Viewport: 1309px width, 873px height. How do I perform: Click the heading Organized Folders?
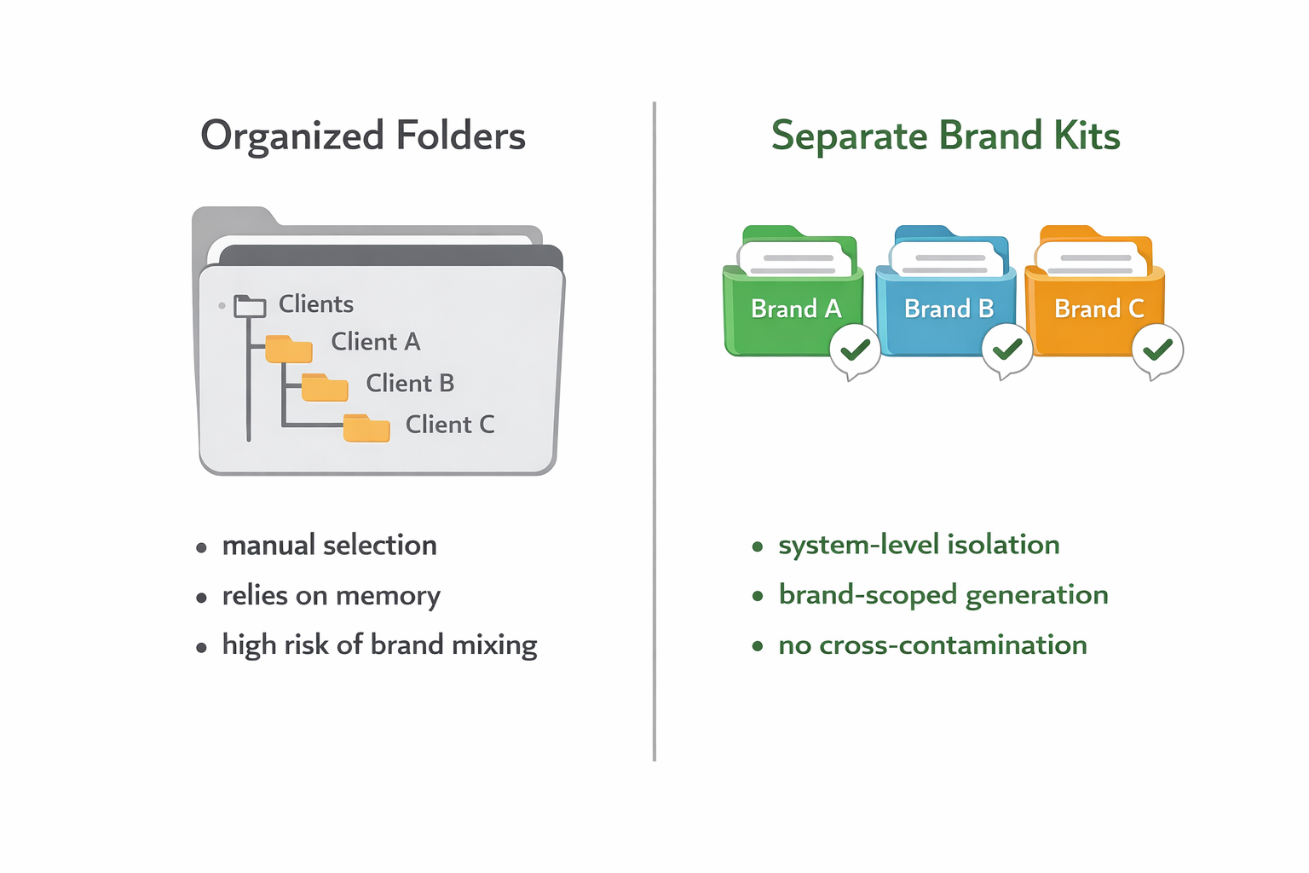click(x=363, y=136)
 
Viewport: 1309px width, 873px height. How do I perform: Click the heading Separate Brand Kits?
click(x=945, y=136)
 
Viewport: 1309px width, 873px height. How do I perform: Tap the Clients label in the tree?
click(x=315, y=304)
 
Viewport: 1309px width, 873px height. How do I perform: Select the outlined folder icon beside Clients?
click(x=250, y=306)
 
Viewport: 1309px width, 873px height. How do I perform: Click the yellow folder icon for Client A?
click(x=289, y=349)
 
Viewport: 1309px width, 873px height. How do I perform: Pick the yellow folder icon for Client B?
click(x=325, y=388)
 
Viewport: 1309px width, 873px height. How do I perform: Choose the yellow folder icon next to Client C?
click(x=366, y=428)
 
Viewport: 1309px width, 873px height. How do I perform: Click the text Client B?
click(x=410, y=384)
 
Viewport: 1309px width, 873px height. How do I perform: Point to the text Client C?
click(x=450, y=425)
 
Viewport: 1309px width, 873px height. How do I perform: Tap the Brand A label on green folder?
click(x=795, y=309)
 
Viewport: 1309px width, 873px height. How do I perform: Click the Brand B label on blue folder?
click(x=949, y=309)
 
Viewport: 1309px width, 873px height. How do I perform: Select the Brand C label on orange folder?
click(x=1099, y=309)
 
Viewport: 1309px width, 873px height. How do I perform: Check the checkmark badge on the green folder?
click(x=855, y=350)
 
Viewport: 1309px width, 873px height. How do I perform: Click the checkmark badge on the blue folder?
click(x=1007, y=350)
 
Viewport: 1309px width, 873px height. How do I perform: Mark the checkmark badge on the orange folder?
click(x=1157, y=350)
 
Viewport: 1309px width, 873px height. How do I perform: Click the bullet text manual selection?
click(x=329, y=546)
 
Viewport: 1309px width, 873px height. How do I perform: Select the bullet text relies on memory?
click(x=331, y=596)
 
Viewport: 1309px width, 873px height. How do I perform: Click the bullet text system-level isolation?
click(x=919, y=545)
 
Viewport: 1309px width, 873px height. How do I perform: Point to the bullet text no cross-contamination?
click(x=932, y=645)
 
